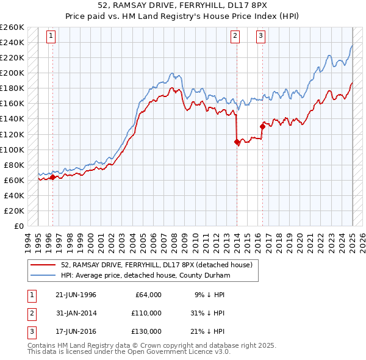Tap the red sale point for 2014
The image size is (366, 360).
[x=237, y=142]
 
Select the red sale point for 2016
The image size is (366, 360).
[x=262, y=126]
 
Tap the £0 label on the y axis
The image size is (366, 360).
[x=18, y=226]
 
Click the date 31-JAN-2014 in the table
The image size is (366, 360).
[x=76, y=313]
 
